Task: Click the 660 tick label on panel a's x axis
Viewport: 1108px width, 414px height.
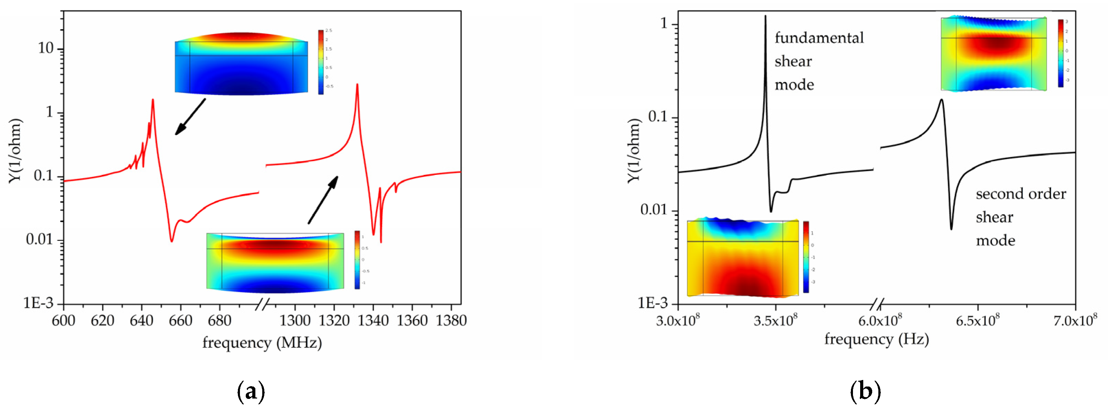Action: [180, 321]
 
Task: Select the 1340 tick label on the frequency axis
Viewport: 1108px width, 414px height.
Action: [373, 321]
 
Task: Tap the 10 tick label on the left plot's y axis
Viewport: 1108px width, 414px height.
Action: [46, 49]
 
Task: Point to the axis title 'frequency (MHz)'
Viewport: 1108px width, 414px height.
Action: [262, 343]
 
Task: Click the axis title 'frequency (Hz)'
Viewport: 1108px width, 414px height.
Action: [876, 339]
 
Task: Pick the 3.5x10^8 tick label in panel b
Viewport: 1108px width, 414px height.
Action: [775, 321]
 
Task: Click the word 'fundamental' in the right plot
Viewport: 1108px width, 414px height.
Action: [819, 38]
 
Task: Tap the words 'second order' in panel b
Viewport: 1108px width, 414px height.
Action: [1021, 194]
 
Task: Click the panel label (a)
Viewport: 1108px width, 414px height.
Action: [251, 392]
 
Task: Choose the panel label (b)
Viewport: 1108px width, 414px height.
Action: [865, 392]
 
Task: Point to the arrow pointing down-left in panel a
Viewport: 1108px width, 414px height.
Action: [190, 117]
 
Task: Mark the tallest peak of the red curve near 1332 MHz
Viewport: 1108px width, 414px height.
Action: [357, 85]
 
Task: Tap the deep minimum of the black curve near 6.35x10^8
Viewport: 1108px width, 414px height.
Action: [951, 228]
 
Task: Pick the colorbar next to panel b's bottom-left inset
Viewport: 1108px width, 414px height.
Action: [806, 257]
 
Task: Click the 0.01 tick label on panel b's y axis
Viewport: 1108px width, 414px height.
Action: [653, 210]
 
